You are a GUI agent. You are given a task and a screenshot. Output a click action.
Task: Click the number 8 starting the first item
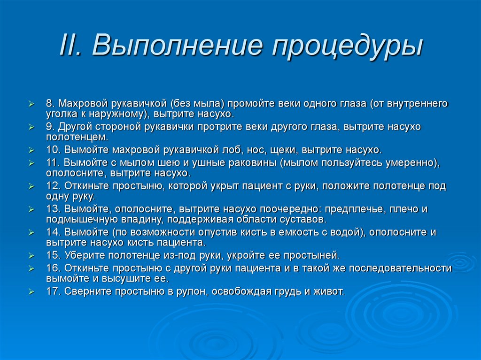[x=49, y=103]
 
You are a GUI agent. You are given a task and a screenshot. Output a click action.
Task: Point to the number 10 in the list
[x=53, y=150]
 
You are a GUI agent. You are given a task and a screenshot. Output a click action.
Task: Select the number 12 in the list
[x=53, y=186]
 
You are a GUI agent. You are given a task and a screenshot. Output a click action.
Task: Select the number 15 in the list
[x=53, y=256]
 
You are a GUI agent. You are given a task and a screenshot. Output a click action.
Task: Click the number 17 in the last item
[x=53, y=291]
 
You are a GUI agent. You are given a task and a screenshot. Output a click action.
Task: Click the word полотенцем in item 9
[x=77, y=138]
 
